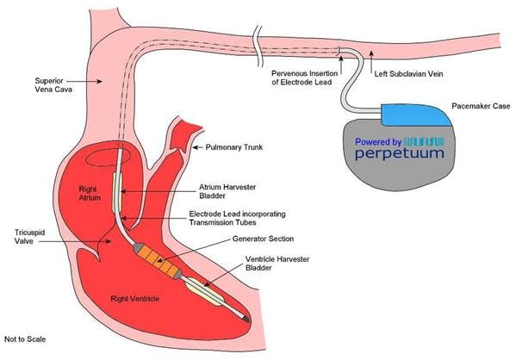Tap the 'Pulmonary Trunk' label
pyautogui.click(x=232, y=148)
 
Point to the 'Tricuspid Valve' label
pyautogui.click(x=26, y=236)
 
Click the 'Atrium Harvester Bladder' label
pyautogui.click(x=216, y=189)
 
